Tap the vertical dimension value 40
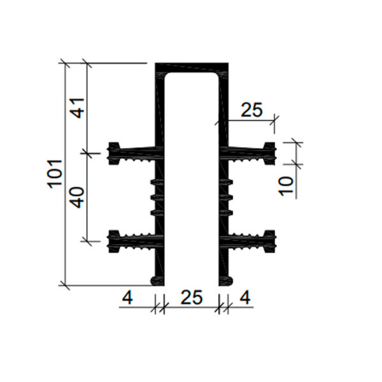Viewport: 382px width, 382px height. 77,197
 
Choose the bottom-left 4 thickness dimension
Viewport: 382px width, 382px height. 127,297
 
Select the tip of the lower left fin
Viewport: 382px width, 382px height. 114,240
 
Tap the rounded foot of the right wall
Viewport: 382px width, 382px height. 227,280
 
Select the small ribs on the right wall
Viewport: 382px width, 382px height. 225,197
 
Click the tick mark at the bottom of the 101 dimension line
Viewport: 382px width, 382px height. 64,284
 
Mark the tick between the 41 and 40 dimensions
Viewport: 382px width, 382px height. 87,152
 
